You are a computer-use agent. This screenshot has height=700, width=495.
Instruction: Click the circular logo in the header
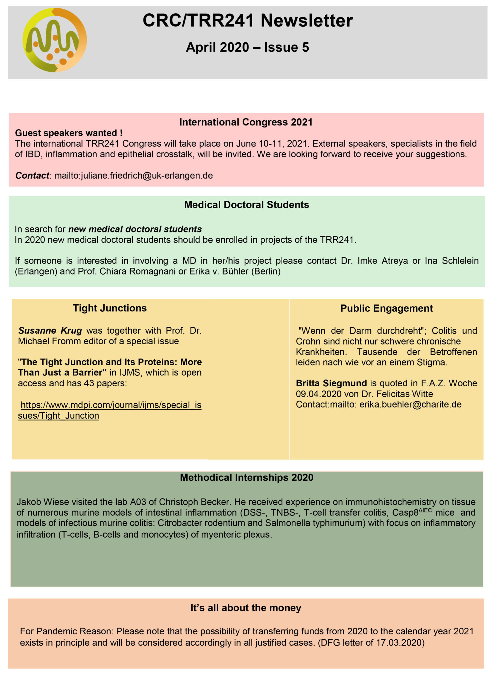[x=55, y=40]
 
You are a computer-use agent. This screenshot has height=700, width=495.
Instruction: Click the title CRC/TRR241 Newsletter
[x=248, y=21]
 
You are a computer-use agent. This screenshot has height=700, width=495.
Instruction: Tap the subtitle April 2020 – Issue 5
[x=248, y=47]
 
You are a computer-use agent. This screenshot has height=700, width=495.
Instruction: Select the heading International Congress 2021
[x=246, y=122]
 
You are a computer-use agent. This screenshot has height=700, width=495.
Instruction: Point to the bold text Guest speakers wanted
[x=69, y=133]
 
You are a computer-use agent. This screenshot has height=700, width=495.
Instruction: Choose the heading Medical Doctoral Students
[x=247, y=205]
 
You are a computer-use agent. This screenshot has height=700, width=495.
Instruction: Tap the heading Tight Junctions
[x=110, y=308]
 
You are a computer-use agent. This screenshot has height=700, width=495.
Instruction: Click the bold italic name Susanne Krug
[x=50, y=331]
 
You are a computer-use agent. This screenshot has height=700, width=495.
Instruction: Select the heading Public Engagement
[x=386, y=308]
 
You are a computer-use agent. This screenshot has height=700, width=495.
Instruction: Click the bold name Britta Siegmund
[x=331, y=383]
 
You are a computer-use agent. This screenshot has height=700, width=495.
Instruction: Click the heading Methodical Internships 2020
[x=247, y=477]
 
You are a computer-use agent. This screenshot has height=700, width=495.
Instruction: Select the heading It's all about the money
[x=246, y=608]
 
